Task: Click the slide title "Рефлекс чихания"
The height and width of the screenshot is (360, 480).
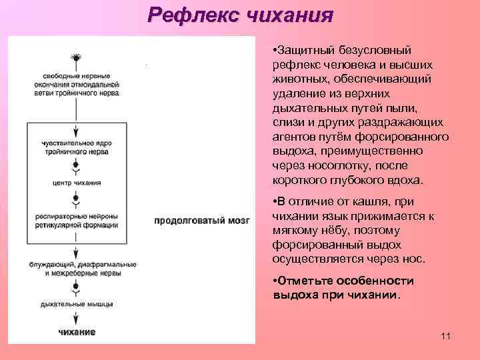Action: (240, 14)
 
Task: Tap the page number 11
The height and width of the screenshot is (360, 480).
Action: (445, 335)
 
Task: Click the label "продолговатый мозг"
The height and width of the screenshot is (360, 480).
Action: (202, 220)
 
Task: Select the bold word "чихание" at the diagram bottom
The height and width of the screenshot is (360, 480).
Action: (77, 331)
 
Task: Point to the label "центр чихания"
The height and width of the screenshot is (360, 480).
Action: (77, 182)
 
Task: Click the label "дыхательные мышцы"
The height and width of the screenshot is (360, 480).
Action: (77, 303)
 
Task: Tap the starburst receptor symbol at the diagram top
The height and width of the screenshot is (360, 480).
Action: (77, 58)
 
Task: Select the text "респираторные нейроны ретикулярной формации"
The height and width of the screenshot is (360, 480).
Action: (77, 220)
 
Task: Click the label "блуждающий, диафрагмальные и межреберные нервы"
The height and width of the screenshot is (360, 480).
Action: (77, 269)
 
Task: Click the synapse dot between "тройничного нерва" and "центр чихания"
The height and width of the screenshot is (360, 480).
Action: (77, 164)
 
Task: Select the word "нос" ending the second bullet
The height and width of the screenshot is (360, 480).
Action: (413, 259)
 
